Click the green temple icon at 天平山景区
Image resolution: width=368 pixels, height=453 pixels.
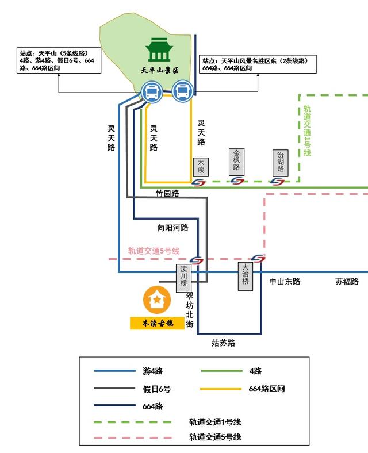pyautogui.click(x=159, y=50)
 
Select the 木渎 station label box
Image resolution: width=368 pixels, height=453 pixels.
pyautogui.click(x=201, y=167)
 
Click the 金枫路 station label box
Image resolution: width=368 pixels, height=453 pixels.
pyautogui.click(x=236, y=162)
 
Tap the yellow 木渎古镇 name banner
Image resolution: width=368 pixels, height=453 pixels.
pyautogui.click(x=157, y=323)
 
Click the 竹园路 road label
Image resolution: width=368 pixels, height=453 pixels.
pyautogui.click(x=167, y=194)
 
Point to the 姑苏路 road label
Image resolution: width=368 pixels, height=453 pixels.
pyautogui.click(x=223, y=343)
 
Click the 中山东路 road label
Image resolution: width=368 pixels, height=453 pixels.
pyautogui.click(x=285, y=282)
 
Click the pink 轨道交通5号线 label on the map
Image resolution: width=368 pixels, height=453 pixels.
pyautogui.click(x=154, y=251)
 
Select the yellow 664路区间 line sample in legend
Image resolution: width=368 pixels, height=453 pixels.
pyautogui.click(x=221, y=389)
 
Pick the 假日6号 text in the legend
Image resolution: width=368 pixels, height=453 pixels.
pyautogui.click(x=156, y=389)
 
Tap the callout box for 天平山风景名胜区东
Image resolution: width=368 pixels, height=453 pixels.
pyautogui.click(x=259, y=64)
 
